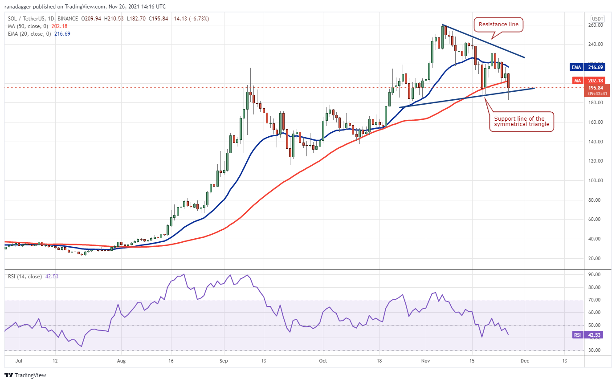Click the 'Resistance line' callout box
498,24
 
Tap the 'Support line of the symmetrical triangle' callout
522,122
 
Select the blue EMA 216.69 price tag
587,67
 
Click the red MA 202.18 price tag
589,81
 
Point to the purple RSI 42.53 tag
588,335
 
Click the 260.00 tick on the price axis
596,25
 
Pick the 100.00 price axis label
596,180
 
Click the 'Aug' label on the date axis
121,361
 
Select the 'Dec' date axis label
525,361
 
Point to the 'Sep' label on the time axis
224,361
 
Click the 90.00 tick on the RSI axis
594,274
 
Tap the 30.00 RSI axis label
594,350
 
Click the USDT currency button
598,19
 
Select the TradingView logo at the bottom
25,375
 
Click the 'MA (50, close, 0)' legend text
28,26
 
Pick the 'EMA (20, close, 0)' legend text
29,34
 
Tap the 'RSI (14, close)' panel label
25,277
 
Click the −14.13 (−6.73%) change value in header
190,19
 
